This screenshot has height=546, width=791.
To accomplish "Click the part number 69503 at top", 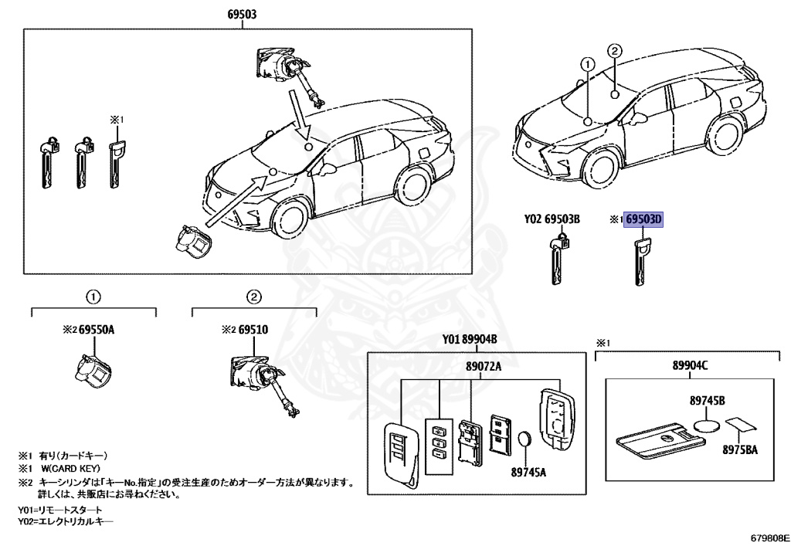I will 242,14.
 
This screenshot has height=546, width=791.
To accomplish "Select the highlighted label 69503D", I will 644,219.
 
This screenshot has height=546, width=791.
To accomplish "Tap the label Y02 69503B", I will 552,219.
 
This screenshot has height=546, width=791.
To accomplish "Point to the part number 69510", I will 253,329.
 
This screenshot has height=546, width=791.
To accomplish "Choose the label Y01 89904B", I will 469,340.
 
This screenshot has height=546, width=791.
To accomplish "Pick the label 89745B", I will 707,402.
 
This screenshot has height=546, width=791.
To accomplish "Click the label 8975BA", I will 739,449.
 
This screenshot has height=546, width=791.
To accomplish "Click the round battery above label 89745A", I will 525,441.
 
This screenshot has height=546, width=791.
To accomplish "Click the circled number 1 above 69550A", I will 92,297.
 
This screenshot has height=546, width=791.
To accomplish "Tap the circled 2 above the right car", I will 614,51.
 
